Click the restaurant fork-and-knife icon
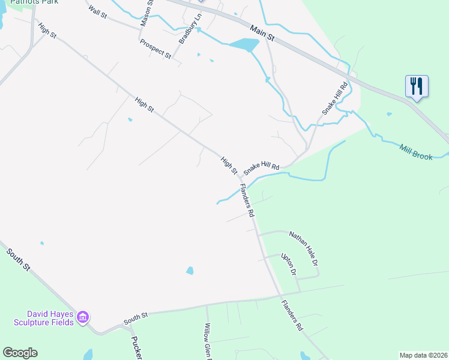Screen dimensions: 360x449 click(x=417, y=85)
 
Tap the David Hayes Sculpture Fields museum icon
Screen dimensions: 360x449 click(x=83, y=316)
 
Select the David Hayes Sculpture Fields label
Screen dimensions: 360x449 click(x=50, y=318)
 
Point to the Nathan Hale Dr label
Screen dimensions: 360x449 click(x=303, y=248)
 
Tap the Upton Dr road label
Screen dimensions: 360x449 click(x=289, y=264)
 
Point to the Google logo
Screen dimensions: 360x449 click(x=20, y=353)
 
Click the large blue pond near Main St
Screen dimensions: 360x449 click(x=244, y=45)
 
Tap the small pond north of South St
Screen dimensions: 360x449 click(x=190, y=271)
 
